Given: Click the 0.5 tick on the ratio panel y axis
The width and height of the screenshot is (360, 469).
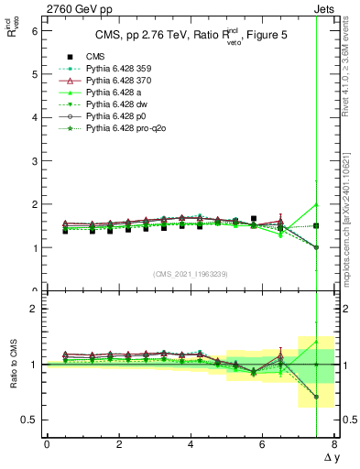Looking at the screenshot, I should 29,420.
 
